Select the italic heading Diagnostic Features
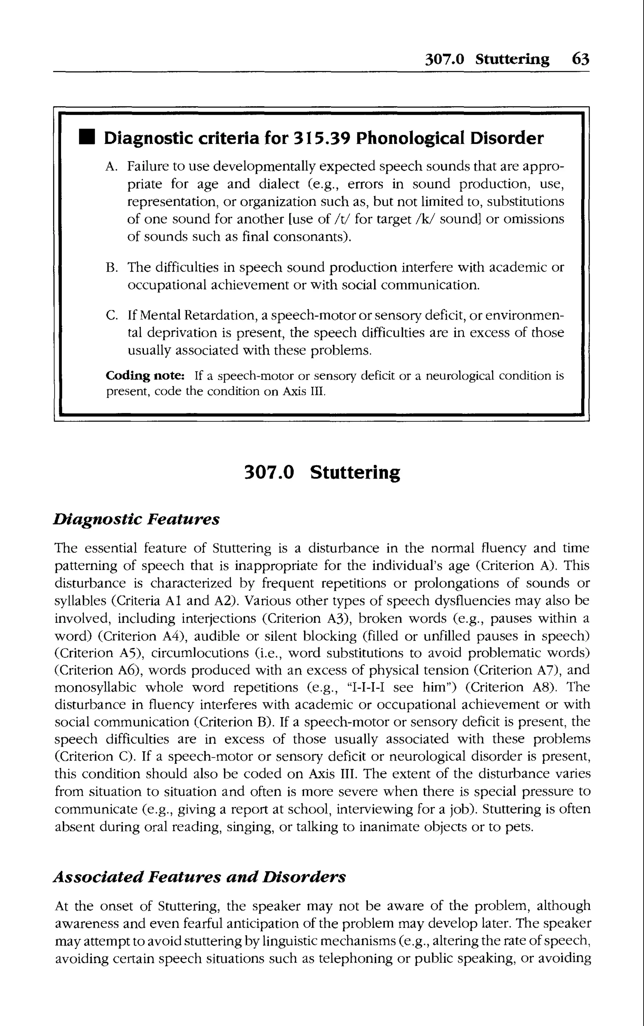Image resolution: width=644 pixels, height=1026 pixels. pos(136,519)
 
